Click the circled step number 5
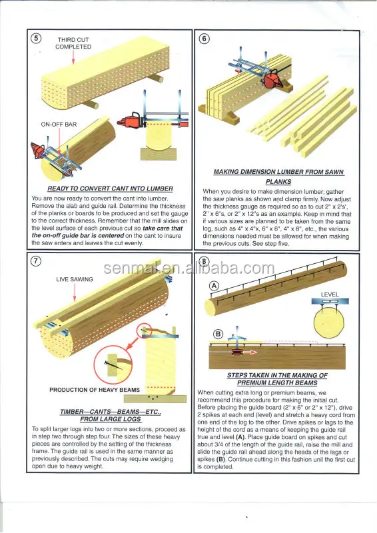36,38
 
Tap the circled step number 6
204,39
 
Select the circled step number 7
36,261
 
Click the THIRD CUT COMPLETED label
73,43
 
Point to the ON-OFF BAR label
59,125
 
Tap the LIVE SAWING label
75,279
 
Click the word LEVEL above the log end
330,294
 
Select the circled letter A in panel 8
214,286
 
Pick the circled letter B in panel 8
218,334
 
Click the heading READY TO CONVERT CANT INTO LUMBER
110,189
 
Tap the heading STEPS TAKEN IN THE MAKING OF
277,375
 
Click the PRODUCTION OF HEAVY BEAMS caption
95,390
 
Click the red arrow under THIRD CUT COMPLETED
73,57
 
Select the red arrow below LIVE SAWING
75,292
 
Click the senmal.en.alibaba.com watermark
188,268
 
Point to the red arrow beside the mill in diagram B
250,352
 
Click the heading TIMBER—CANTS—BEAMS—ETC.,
111,412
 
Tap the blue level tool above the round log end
330,301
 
